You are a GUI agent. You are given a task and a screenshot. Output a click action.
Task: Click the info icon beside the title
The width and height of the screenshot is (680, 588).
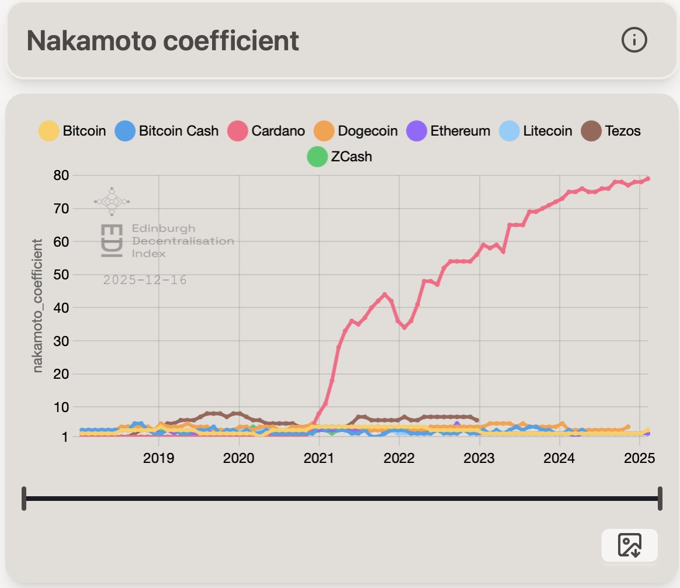click(x=634, y=40)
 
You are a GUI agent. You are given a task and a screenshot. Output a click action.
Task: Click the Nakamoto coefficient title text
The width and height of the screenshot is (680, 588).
click(x=163, y=40)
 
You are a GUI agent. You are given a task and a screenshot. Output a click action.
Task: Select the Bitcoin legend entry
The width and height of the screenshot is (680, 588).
click(x=72, y=130)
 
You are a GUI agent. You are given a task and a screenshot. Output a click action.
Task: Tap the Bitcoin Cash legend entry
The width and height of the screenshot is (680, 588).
click(x=166, y=130)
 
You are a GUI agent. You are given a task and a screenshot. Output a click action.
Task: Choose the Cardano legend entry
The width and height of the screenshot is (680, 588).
click(x=266, y=130)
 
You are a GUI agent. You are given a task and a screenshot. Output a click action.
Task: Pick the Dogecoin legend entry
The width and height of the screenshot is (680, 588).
click(x=356, y=130)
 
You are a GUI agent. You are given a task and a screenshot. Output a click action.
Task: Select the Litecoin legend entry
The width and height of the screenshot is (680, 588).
click(x=536, y=130)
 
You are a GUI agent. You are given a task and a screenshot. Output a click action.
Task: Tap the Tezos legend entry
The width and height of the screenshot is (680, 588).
click(x=611, y=130)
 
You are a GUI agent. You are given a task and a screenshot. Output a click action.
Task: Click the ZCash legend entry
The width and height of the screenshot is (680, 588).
click(x=339, y=157)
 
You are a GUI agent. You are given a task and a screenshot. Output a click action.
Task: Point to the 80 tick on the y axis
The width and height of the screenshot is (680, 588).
click(x=61, y=175)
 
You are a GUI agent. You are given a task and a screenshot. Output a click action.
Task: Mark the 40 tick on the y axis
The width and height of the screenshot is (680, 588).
click(x=61, y=307)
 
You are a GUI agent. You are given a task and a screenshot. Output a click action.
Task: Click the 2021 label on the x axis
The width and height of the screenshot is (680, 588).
click(x=319, y=457)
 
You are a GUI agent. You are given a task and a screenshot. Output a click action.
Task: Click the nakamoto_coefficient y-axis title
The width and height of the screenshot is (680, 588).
click(x=38, y=305)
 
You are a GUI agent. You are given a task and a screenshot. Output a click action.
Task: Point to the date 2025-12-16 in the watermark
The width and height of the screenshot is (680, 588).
click(x=145, y=280)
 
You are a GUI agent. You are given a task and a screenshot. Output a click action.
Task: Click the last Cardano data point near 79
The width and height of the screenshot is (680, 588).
click(x=648, y=179)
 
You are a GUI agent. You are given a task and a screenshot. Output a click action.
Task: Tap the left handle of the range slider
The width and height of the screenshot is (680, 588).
click(x=24, y=498)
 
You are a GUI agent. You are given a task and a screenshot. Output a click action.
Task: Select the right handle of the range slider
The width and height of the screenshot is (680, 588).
click(x=660, y=498)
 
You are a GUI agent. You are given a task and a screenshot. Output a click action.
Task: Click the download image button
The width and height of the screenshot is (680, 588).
click(x=629, y=545)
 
